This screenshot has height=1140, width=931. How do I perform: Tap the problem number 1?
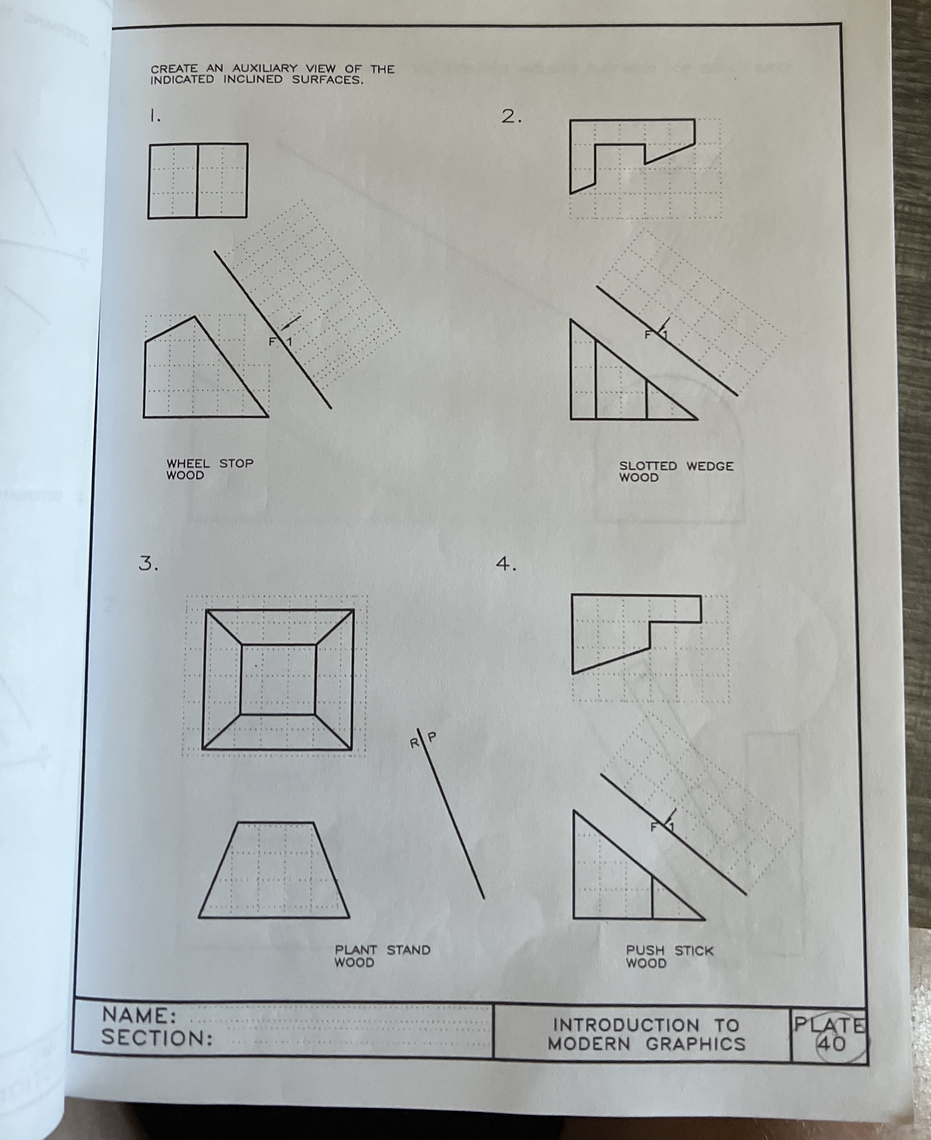(x=154, y=115)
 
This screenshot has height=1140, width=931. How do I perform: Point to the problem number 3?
(x=148, y=564)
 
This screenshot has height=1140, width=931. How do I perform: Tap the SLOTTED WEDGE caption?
(x=676, y=466)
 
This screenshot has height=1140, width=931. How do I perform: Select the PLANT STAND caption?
(x=382, y=950)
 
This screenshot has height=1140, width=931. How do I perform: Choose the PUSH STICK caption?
(x=669, y=951)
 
